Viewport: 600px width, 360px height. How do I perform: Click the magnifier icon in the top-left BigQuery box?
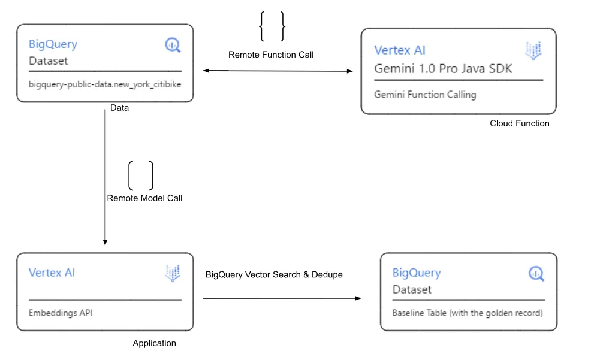pos(173,45)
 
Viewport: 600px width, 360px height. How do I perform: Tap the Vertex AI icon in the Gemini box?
pos(533,51)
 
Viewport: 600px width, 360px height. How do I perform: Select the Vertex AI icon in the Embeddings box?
pos(173,273)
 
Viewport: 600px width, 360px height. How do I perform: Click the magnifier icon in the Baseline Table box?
pos(536,274)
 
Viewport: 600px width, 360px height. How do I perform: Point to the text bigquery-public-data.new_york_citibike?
pos(105,84)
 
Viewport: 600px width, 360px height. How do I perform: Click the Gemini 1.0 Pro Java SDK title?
pos(443,68)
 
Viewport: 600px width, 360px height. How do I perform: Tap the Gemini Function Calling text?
pos(425,95)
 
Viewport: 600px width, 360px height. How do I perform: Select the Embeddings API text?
pos(61,313)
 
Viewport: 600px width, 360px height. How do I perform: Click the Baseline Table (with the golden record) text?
pos(468,313)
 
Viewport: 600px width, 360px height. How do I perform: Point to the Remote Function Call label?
pos(271,55)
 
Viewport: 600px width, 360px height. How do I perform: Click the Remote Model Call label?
pos(144,198)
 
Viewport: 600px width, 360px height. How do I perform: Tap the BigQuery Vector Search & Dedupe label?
pos(274,274)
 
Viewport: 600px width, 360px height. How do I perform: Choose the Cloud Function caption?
pos(519,123)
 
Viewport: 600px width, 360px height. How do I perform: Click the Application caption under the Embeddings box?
pos(154,343)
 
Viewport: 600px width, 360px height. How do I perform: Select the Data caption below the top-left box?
pos(119,108)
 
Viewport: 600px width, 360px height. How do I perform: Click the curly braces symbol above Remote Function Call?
pos(272,27)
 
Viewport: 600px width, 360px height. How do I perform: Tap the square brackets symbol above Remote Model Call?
pos(141,176)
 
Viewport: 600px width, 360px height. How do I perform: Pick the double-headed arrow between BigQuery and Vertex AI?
pos(278,71)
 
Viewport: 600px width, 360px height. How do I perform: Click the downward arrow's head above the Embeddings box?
pos(105,241)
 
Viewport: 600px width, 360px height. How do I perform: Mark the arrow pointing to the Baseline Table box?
pos(282,298)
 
